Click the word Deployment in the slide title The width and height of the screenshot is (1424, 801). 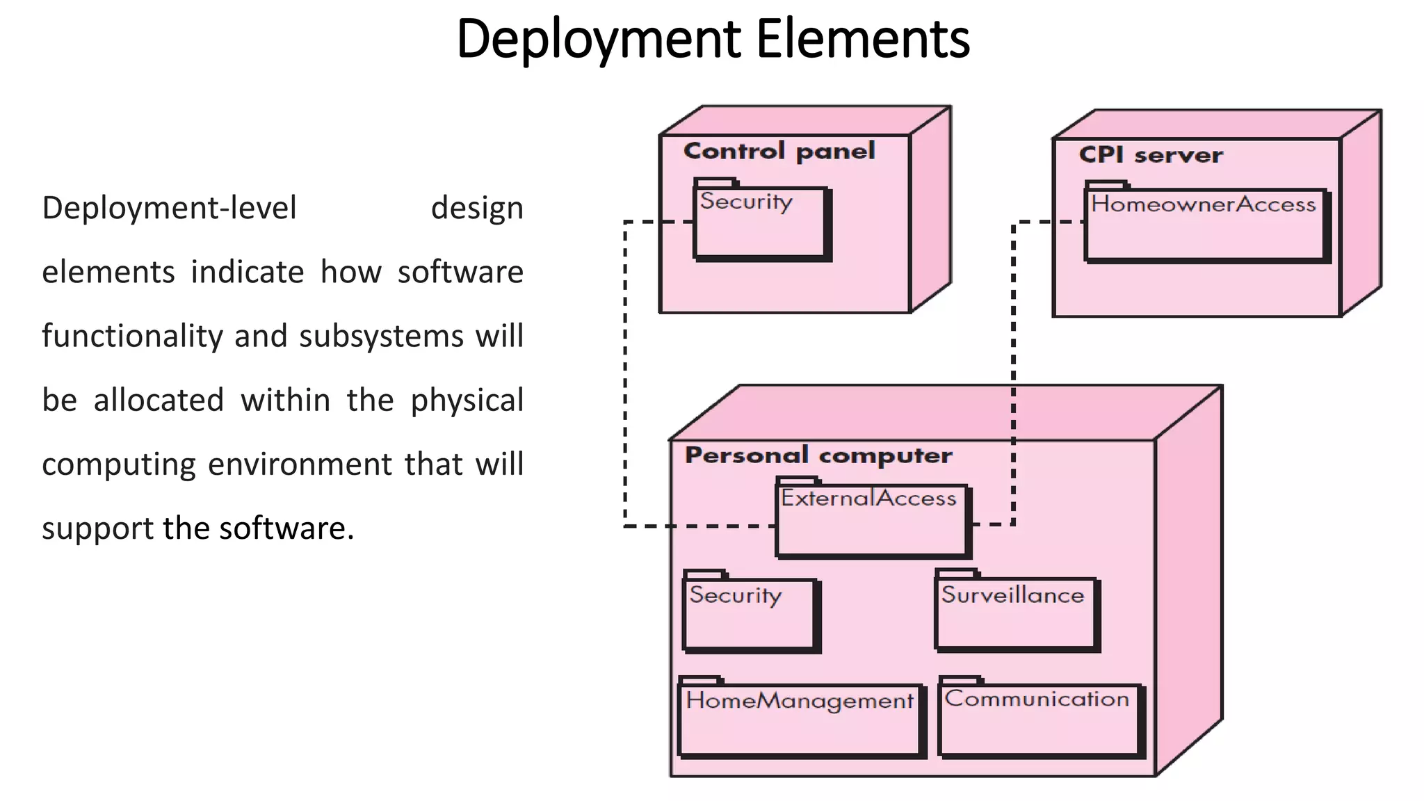pyautogui.click(x=599, y=40)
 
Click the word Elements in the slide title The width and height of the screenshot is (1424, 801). pyautogui.click(x=862, y=40)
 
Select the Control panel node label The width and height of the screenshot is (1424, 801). pyautogui.click(x=779, y=151)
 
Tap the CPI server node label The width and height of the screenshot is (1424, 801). pyautogui.click(x=1151, y=154)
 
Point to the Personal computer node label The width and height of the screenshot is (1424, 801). pyautogui.click(x=818, y=455)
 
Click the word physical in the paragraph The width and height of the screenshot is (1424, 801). pyautogui.click(x=467, y=401)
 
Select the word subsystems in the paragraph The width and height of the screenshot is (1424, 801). pyautogui.click(x=381, y=337)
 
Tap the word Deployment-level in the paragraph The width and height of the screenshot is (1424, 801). pyautogui.click(x=169, y=209)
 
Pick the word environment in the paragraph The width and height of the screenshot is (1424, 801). pyautogui.click(x=300, y=464)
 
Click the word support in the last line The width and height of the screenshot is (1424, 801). pyautogui.click(x=97, y=529)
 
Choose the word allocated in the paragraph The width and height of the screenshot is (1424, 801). pyautogui.click(x=159, y=400)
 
